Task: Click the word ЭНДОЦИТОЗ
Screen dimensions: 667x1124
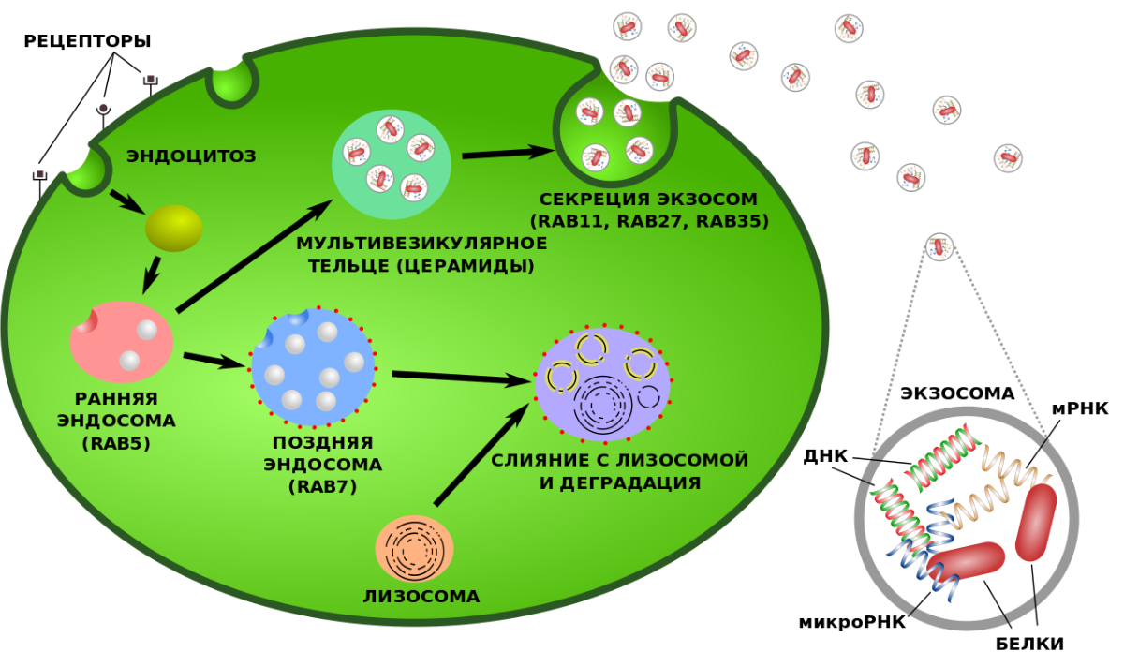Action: pyautogui.click(x=191, y=156)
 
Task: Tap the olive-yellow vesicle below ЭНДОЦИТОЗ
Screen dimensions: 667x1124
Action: pyautogui.click(x=173, y=229)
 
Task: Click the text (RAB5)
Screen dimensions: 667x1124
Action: pyautogui.click(x=116, y=443)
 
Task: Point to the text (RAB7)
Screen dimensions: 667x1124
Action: pyautogui.click(x=323, y=486)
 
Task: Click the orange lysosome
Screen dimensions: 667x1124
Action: pyautogui.click(x=414, y=548)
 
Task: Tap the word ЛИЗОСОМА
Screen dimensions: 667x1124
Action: pyautogui.click(x=421, y=596)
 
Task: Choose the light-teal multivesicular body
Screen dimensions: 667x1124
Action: pyautogui.click(x=392, y=164)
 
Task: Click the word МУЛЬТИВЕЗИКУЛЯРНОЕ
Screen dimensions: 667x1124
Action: pyautogui.click(x=421, y=244)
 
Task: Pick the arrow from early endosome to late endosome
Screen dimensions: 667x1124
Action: pyautogui.click(x=214, y=360)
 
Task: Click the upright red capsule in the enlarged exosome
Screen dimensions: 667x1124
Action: pyautogui.click(x=1036, y=523)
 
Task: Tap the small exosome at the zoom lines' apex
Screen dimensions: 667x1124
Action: pyautogui.click(x=939, y=246)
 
